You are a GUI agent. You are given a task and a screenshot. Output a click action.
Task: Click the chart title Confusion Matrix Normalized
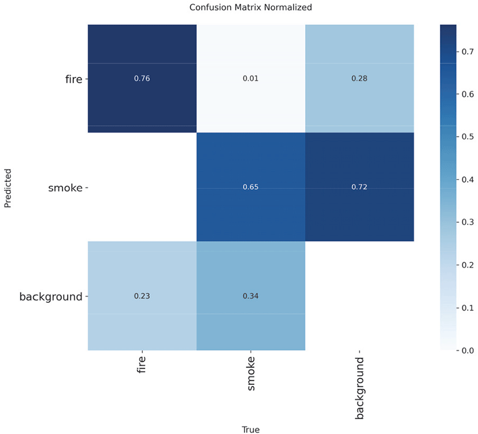[251, 8]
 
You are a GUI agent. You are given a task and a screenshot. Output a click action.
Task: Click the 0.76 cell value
[142, 79]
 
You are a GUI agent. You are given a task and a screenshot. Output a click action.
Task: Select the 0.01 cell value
[251, 79]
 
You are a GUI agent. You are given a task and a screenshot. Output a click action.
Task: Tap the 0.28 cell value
[360, 79]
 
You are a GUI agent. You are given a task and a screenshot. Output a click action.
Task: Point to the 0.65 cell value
[251, 187]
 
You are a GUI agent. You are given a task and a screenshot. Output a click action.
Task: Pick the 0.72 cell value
[360, 187]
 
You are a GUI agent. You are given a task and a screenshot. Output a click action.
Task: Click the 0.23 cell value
[142, 296]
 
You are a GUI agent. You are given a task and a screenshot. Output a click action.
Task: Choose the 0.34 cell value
[251, 296]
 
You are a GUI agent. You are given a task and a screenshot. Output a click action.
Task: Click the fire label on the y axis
[73, 79]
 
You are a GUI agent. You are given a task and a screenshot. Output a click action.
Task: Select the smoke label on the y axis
[65, 188]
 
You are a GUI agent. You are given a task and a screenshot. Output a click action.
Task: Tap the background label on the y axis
[51, 297]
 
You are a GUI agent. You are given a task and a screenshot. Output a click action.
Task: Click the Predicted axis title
[8, 187]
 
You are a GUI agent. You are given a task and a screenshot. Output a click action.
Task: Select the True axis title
[251, 429]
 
